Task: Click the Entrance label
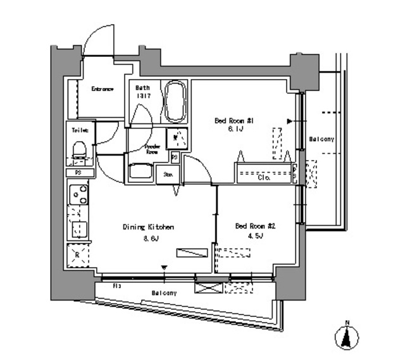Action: point(102,89)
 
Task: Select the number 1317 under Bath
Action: point(140,96)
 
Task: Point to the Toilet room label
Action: point(80,130)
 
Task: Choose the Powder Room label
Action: point(151,149)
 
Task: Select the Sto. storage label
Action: point(169,174)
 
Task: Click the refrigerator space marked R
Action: point(78,254)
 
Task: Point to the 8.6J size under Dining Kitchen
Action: point(150,239)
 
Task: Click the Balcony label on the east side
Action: point(321,139)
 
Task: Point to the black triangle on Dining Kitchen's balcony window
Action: point(164,268)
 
